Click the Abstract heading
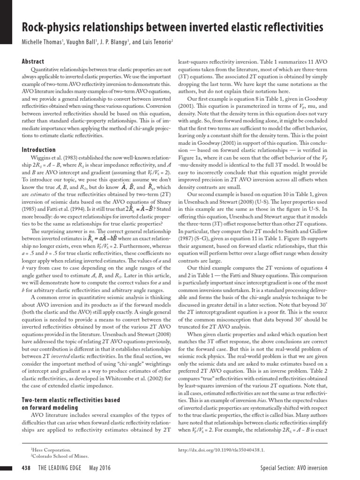[x=33, y=61]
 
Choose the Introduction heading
[x=39, y=150]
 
